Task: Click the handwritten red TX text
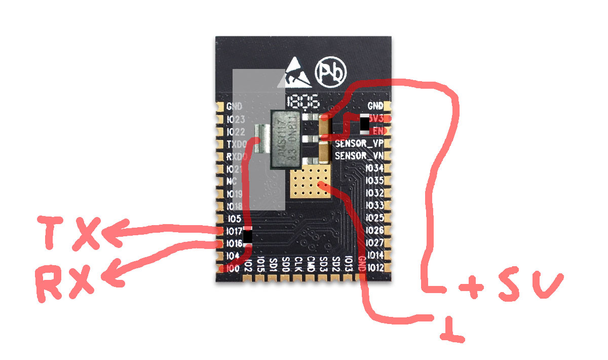(x=68, y=233)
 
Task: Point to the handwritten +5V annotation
(x=509, y=286)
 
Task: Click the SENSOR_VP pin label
(x=359, y=143)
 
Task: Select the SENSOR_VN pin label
(x=359, y=156)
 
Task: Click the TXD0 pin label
(x=236, y=144)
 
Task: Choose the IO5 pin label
(x=234, y=219)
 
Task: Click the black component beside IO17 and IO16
(x=248, y=236)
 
